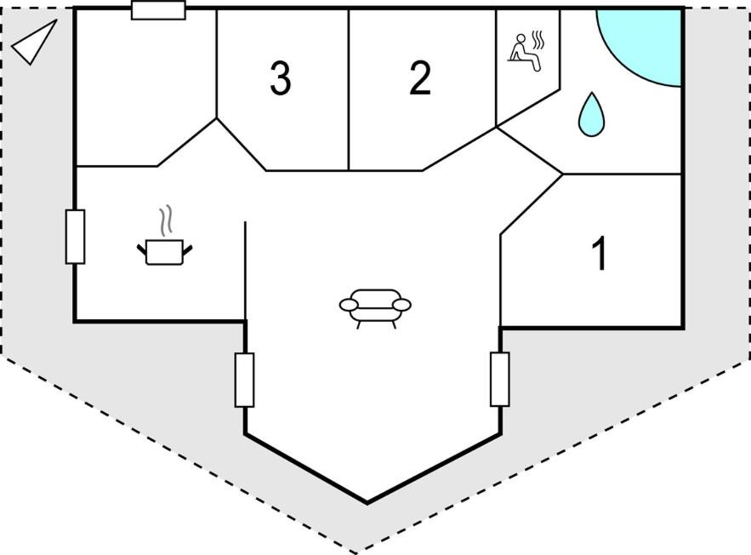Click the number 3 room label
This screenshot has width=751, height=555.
[x=280, y=77]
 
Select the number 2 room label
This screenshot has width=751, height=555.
[x=420, y=77]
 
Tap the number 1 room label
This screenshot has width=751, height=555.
[x=599, y=253]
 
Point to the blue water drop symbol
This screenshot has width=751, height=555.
[x=591, y=115]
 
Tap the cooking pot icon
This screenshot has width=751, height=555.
[x=164, y=252]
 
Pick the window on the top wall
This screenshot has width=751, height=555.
[x=158, y=10]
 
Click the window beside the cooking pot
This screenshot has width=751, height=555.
[x=75, y=237]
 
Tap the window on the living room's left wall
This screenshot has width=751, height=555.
[x=244, y=380]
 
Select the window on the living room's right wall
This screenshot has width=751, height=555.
[x=500, y=379]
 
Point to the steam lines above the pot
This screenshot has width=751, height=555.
[x=166, y=220]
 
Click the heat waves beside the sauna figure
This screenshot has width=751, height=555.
[x=539, y=40]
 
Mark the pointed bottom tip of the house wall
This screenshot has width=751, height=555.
[x=367, y=503]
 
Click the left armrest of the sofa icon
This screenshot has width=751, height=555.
[x=349, y=305]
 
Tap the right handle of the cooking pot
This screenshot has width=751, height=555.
[x=187, y=249]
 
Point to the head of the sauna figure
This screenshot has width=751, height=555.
[x=521, y=38]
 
